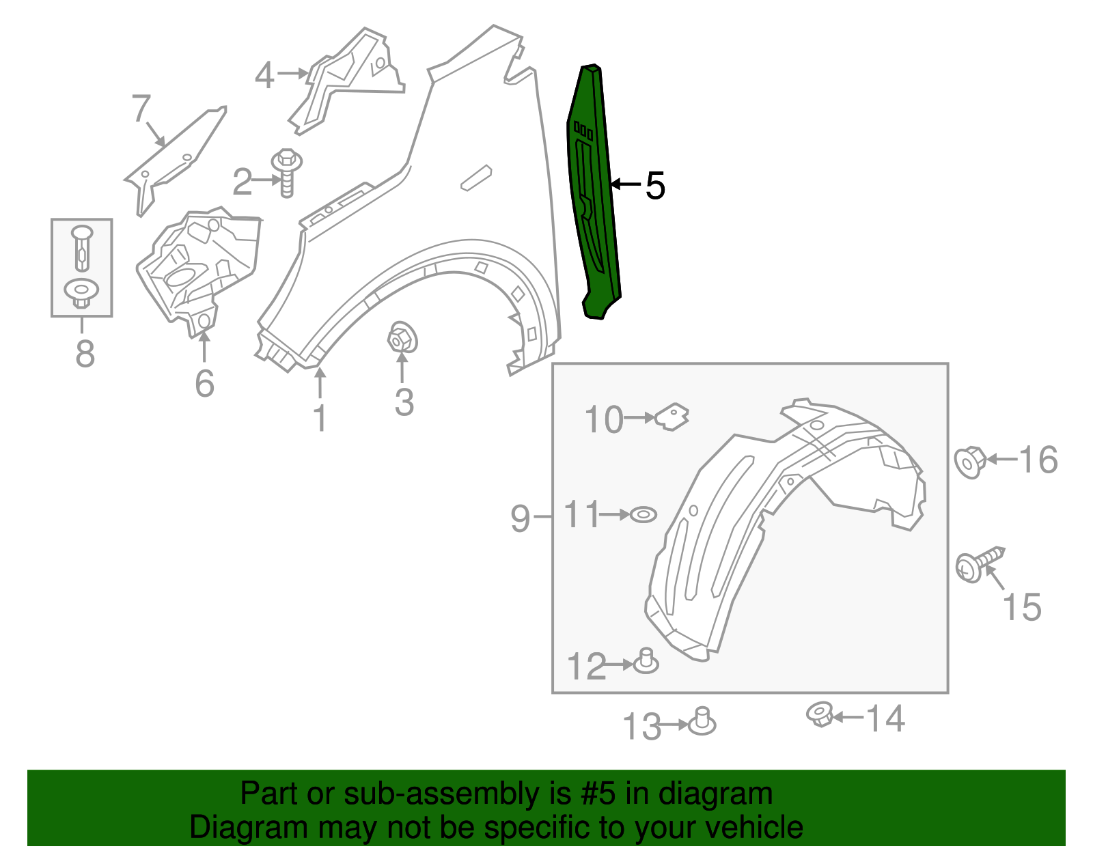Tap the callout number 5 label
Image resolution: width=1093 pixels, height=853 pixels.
(654, 186)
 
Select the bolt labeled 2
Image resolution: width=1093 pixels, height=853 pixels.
(286, 172)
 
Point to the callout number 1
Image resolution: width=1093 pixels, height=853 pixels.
(320, 418)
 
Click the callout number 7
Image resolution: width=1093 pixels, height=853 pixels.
(141, 109)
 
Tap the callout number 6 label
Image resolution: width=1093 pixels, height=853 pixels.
(204, 384)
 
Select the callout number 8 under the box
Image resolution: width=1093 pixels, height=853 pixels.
(84, 354)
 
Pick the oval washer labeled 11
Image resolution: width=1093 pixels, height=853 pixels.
(642, 514)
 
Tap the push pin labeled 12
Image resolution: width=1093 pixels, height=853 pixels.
(646, 662)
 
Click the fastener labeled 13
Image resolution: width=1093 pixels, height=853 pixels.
(702, 722)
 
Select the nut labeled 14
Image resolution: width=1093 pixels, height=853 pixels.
(819, 714)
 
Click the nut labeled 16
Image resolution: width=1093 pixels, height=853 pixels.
(969, 462)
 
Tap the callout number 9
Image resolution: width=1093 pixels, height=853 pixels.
(520, 518)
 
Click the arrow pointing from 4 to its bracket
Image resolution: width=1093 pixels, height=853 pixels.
(292, 73)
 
